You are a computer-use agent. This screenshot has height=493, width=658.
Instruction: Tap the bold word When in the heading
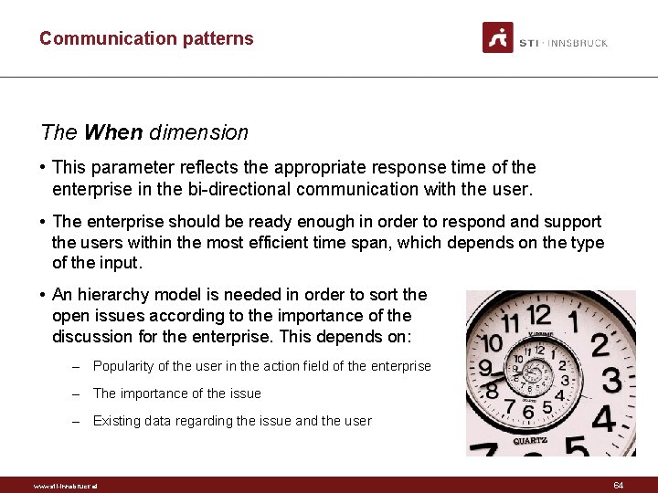point(113,132)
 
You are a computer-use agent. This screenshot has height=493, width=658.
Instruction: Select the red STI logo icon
point(498,37)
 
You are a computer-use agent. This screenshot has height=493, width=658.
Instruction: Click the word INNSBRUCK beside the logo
point(578,43)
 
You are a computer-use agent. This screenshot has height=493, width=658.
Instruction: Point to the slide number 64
point(619,486)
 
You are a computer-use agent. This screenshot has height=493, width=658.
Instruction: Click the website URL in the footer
point(65,486)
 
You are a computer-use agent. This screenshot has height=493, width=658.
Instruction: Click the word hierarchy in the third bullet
point(116,294)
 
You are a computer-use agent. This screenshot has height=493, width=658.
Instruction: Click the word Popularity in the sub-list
point(124,366)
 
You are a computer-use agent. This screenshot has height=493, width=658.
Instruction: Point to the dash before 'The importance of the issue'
point(80,393)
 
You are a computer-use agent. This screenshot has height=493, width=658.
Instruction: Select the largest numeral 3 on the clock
point(610,381)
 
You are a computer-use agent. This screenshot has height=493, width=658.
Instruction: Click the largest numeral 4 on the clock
point(602,421)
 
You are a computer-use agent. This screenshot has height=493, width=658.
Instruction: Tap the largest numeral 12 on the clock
point(539,317)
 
